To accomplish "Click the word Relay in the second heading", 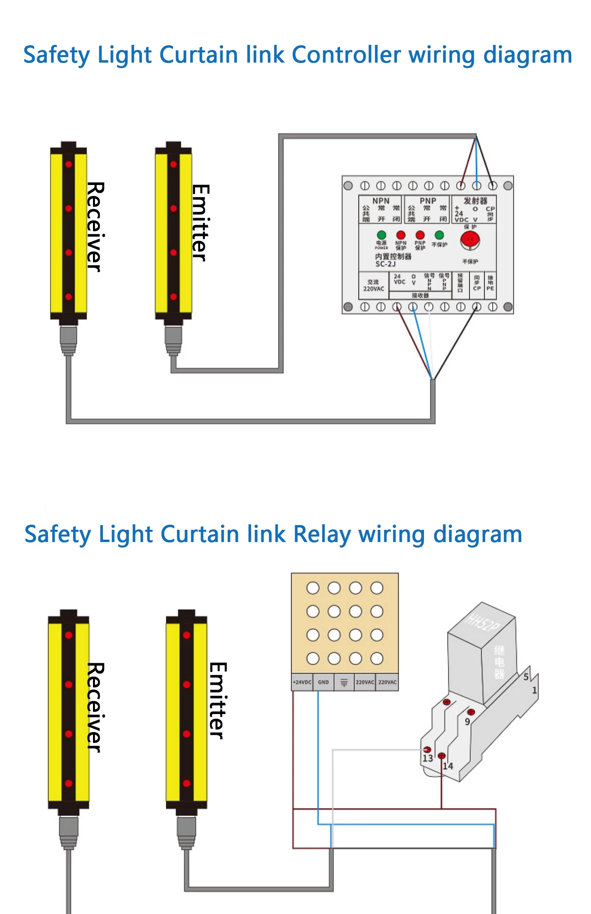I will [322, 535].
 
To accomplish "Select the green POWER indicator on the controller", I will [381, 235].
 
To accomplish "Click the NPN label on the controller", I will [381, 201].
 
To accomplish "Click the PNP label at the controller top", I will [427, 201].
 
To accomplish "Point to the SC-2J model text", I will [385, 264].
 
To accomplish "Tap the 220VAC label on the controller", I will [373, 289].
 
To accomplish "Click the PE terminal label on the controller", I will [490, 289].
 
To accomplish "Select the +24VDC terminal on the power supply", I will [302, 682].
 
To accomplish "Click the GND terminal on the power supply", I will [323, 682].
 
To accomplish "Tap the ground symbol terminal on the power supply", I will [344, 682].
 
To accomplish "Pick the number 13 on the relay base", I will [427, 759].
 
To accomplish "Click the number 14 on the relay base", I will [448, 766].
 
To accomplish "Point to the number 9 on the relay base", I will [467, 722].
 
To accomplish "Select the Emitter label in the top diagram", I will [200, 222].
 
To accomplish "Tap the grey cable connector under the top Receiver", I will [68, 340].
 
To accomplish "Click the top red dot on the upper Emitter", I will [173, 164].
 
